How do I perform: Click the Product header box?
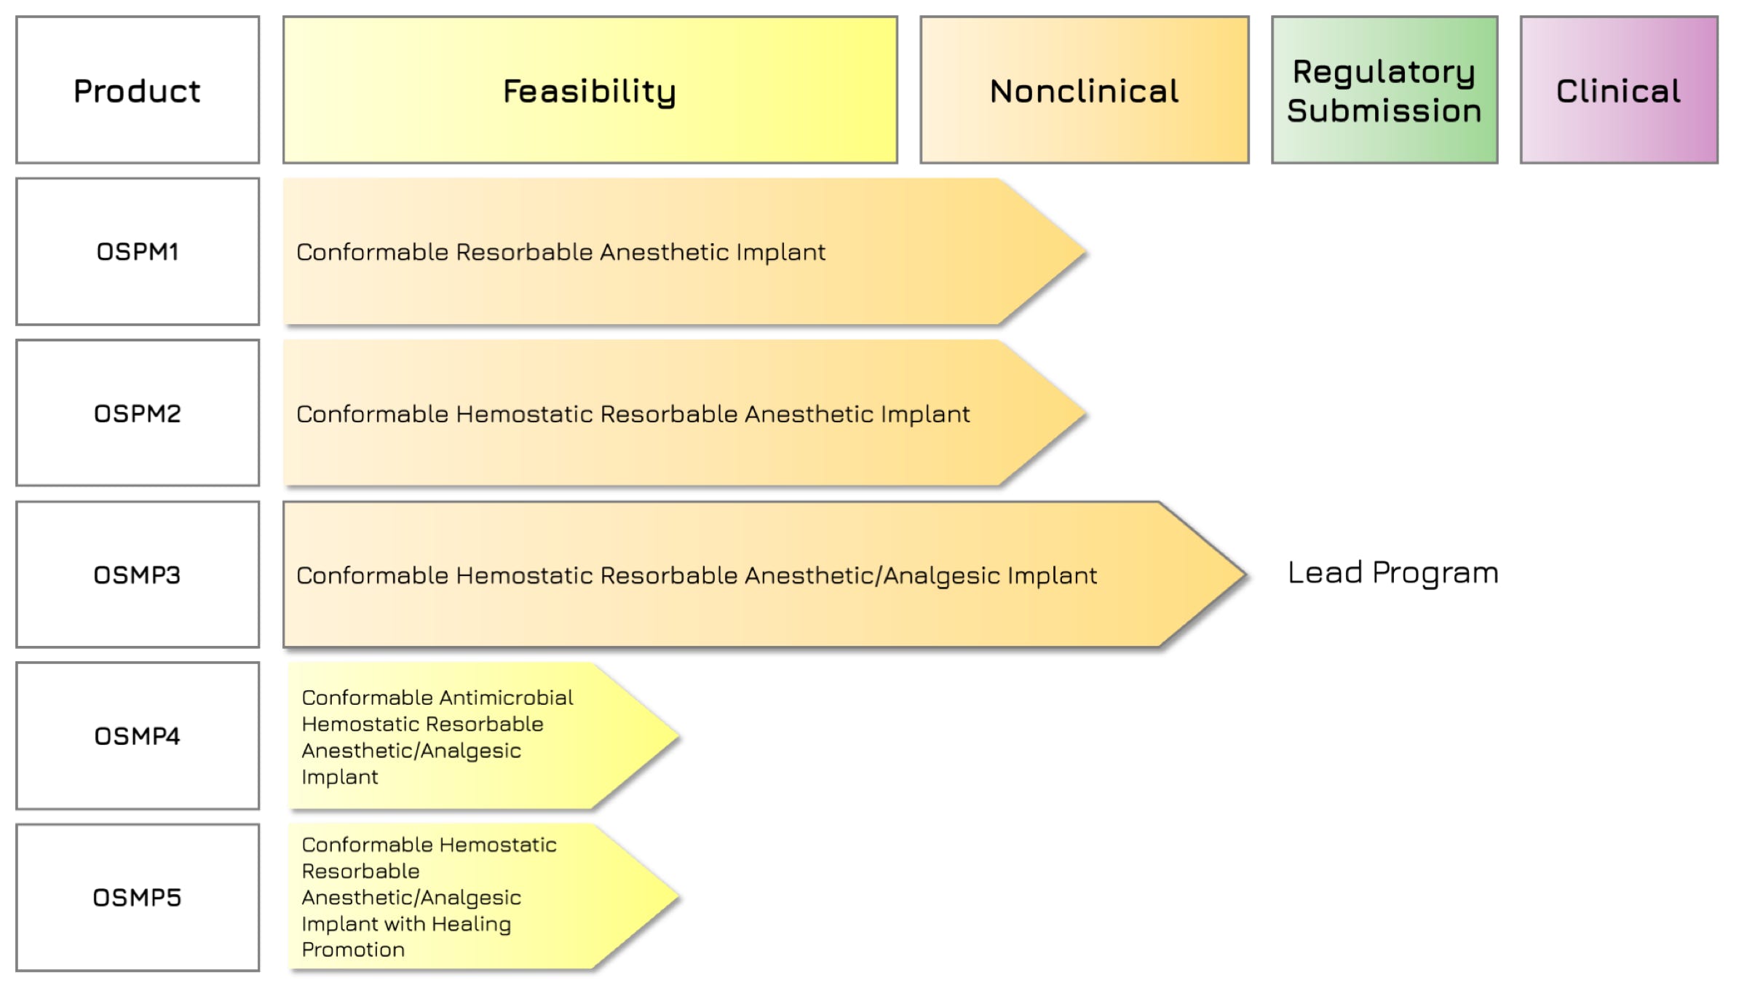pyautogui.click(x=138, y=90)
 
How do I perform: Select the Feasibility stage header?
pyautogui.click(x=590, y=90)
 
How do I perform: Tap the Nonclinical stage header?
pyautogui.click(x=1084, y=90)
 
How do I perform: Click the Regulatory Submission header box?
pyautogui.click(x=1384, y=90)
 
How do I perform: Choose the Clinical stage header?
pyautogui.click(x=1618, y=90)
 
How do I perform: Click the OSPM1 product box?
pyautogui.click(x=138, y=251)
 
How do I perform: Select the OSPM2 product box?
pyautogui.click(x=138, y=413)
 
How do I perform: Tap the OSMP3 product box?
pyautogui.click(x=138, y=575)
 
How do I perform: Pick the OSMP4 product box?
pyautogui.click(x=138, y=735)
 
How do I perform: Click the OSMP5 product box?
pyautogui.click(x=138, y=897)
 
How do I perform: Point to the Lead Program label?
pyautogui.click(x=1393, y=573)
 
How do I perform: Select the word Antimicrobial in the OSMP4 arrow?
pyautogui.click(x=502, y=698)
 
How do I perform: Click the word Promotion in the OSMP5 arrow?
pyautogui.click(x=353, y=950)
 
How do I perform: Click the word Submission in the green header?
pyautogui.click(x=1384, y=111)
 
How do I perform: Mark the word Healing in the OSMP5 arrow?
pyautogui.click(x=471, y=923)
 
